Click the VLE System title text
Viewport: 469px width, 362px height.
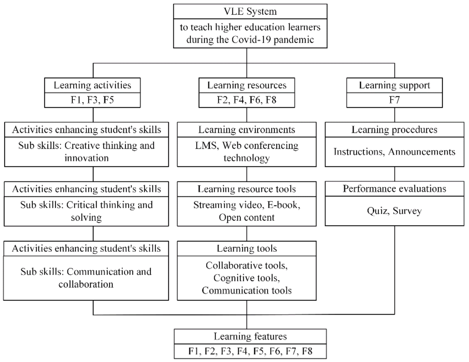point(250,12)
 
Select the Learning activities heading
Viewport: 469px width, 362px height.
point(92,85)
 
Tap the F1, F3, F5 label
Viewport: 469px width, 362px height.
point(92,100)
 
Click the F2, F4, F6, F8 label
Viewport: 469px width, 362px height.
point(247,100)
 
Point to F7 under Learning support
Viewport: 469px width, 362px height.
point(394,100)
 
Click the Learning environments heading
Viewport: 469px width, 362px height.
point(247,130)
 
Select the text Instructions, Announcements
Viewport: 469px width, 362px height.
point(394,152)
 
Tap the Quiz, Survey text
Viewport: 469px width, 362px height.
point(394,211)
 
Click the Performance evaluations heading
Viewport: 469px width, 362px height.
point(394,189)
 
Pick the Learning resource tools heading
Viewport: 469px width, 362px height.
point(247,189)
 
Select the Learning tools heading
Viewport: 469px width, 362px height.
point(247,248)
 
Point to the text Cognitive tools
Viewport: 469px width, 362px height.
point(247,278)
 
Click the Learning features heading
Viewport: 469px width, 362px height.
point(250,337)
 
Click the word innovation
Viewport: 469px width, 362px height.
point(86,158)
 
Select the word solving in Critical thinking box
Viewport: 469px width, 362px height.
point(86,218)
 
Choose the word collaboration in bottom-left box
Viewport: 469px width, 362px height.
point(86,284)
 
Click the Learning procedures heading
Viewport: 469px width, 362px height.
point(394,130)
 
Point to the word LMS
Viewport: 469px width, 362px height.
point(206,146)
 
